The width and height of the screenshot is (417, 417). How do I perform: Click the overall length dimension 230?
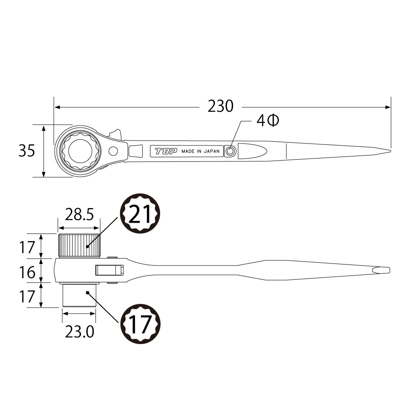coord(221,107)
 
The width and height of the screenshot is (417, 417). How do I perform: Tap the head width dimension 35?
coord(27,151)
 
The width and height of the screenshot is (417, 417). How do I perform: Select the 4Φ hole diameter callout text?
coord(267,121)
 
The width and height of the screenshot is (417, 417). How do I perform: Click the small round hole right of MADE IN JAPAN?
coord(230,151)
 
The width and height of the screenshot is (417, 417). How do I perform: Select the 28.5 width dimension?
coord(79,215)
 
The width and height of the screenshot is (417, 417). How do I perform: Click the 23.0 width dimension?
coord(79,332)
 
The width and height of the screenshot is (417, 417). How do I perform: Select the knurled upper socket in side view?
coord(79,246)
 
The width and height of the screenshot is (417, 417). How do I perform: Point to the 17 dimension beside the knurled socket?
coord(27,247)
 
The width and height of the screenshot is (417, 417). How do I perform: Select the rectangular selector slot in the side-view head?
coord(109,270)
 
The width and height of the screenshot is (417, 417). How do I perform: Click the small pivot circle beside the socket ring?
coord(113,151)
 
